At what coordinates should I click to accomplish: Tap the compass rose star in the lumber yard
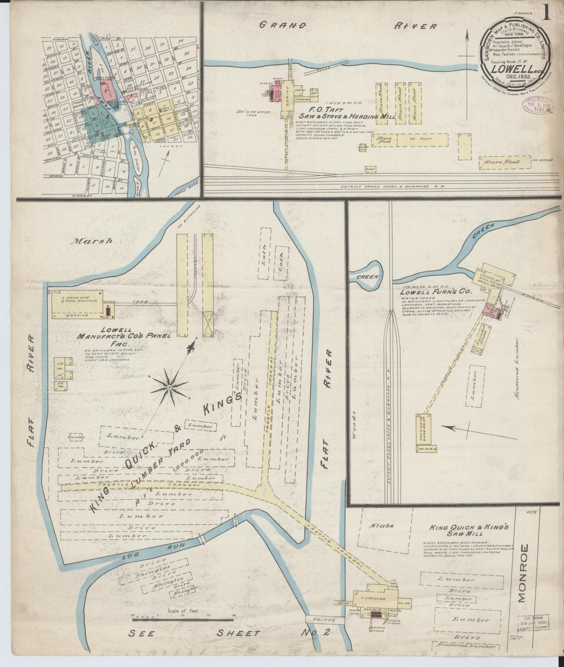(169, 387)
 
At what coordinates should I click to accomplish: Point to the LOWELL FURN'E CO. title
(434, 291)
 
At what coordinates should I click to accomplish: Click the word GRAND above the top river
(283, 25)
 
